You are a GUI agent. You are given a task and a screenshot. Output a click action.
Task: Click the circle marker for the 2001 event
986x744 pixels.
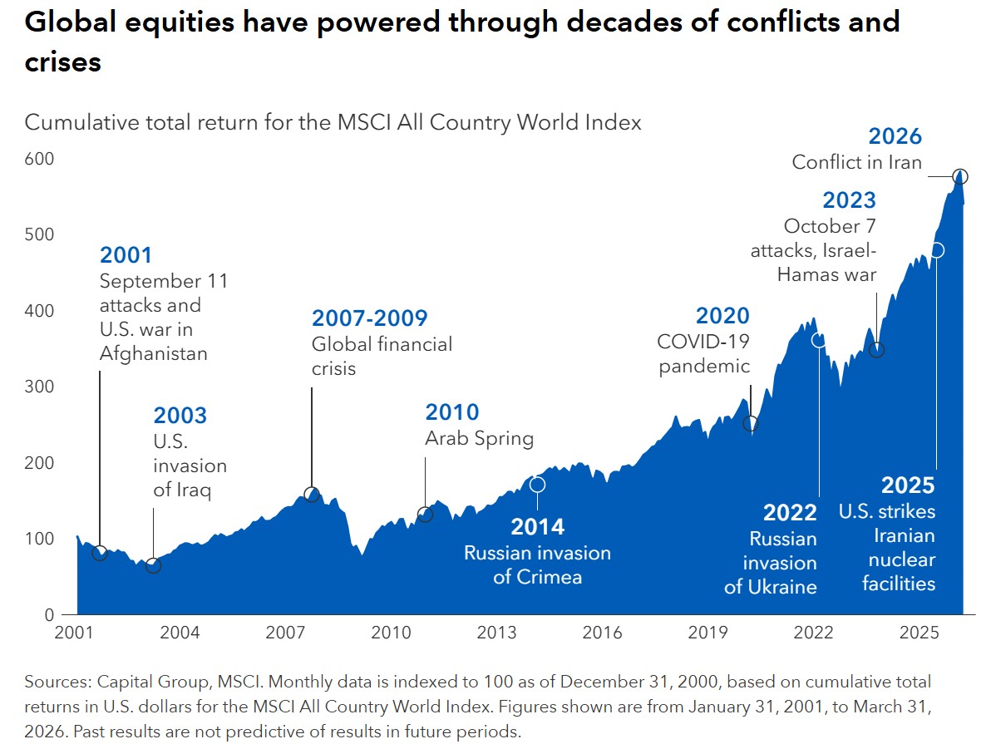click(x=100, y=553)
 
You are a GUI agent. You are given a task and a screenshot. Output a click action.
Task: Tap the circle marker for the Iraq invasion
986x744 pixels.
click(x=154, y=565)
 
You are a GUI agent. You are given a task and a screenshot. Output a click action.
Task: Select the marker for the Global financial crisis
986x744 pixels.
click(x=312, y=495)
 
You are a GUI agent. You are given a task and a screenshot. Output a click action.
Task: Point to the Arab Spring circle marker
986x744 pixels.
click(x=425, y=515)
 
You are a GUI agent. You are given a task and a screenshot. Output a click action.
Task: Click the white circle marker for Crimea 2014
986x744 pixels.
click(x=537, y=485)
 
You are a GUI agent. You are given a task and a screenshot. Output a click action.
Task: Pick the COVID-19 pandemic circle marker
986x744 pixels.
click(x=750, y=423)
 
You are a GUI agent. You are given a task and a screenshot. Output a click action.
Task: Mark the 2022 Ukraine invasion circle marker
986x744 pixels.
click(x=819, y=340)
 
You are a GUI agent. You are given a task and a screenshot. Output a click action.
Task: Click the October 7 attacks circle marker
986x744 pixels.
click(x=876, y=350)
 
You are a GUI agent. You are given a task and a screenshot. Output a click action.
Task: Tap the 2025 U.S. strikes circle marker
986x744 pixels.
click(x=937, y=250)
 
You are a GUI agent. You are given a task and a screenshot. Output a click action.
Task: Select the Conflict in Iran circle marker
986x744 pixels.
click(x=959, y=177)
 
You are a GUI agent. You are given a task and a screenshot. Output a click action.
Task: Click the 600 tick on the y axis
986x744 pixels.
click(x=39, y=159)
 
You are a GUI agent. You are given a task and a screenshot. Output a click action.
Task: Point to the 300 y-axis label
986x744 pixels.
click(x=39, y=387)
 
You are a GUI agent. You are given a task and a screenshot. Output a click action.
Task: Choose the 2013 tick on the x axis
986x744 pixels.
click(x=497, y=632)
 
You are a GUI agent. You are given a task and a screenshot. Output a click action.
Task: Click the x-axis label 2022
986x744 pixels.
click(x=814, y=632)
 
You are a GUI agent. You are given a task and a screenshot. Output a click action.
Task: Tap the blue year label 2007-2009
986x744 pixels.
click(x=370, y=318)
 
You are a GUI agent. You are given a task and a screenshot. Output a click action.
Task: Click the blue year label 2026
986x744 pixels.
click(x=895, y=135)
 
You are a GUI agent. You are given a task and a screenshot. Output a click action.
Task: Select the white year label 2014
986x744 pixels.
click(x=538, y=526)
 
